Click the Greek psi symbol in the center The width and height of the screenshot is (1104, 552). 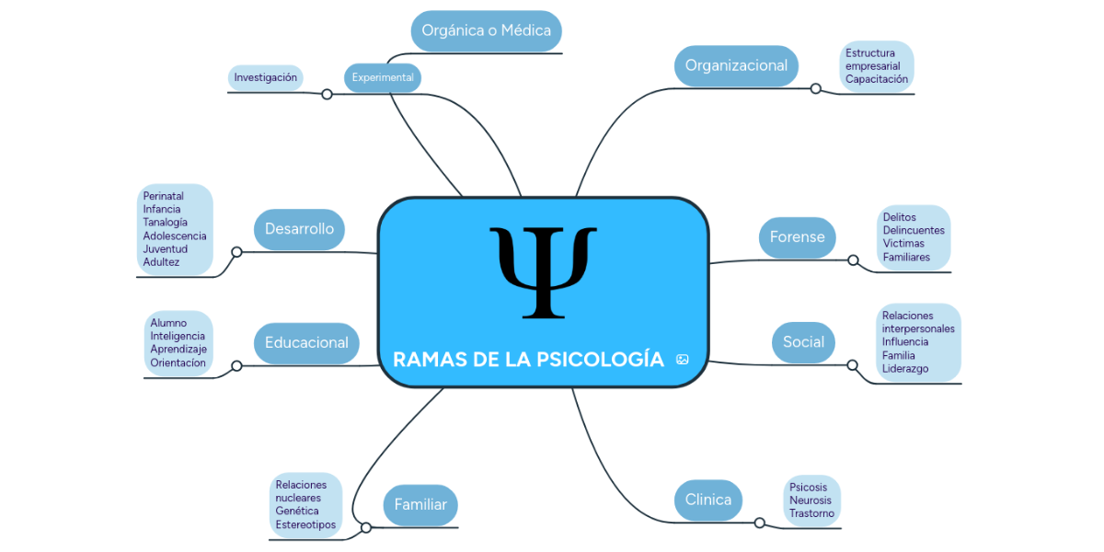click(x=543, y=271)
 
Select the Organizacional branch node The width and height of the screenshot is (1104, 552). click(x=736, y=66)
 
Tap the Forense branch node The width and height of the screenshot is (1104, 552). click(x=797, y=237)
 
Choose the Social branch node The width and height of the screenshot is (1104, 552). click(x=803, y=342)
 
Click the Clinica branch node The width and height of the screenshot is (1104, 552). click(x=708, y=500)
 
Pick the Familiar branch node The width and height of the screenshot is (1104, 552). click(x=420, y=505)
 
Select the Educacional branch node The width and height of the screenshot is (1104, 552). click(x=306, y=343)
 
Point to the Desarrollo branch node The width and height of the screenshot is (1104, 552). click(x=299, y=229)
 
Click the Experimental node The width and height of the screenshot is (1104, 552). click(x=383, y=77)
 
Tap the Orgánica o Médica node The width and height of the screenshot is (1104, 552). click(x=486, y=30)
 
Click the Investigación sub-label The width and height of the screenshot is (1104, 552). click(x=265, y=77)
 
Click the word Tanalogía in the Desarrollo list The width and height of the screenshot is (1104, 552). click(x=166, y=223)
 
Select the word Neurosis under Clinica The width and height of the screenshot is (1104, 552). click(x=810, y=500)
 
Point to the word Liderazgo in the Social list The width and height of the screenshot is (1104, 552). click(x=905, y=369)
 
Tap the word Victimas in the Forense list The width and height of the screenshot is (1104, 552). click(x=903, y=244)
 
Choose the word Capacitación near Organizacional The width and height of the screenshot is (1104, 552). click(x=877, y=79)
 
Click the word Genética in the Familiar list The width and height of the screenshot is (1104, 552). click(x=297, y=512)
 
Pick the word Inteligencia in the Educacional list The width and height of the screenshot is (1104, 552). click(x=178, y=337)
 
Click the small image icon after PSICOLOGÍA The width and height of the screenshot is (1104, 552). click(x=682, y=360)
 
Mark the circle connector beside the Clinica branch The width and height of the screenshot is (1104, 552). click(x=759, y=523)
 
